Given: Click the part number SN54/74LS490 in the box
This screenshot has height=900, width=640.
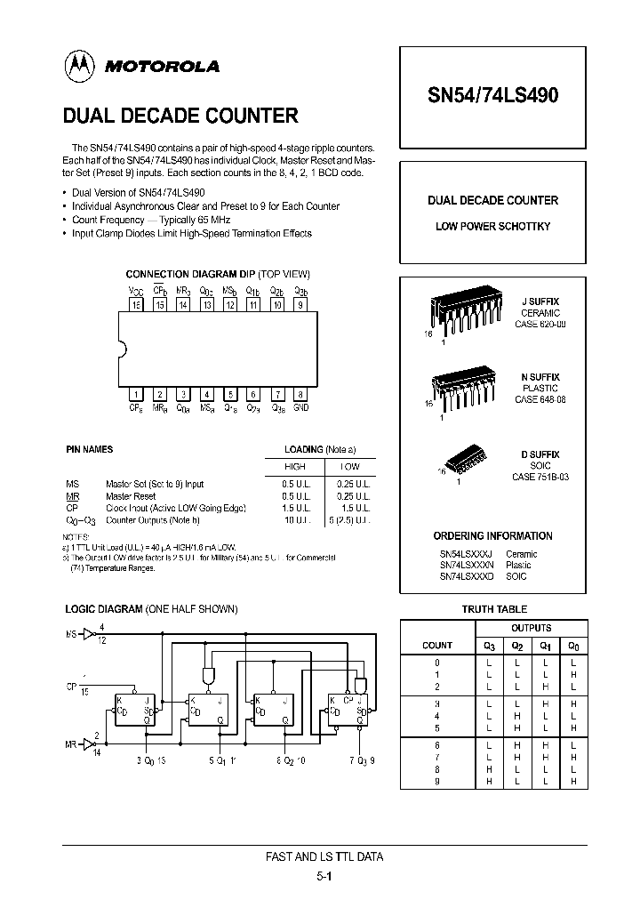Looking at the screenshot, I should (x=492, y=96).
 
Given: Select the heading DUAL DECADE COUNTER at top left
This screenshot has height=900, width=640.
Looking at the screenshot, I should (x=180, y=116).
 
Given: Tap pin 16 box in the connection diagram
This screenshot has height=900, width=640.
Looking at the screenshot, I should (x=137, y=305).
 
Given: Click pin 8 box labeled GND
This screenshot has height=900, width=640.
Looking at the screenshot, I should (x=300, y=394).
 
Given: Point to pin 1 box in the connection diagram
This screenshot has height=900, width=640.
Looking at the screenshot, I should (x=137, y=394).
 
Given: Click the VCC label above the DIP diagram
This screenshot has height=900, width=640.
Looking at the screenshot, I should (x=136, y=291).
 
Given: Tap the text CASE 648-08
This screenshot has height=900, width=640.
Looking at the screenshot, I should (x=540, y=400).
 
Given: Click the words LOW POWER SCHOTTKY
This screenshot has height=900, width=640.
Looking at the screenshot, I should (x=492, y=227).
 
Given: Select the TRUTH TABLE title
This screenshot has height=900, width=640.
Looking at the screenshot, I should (x=494, y=609).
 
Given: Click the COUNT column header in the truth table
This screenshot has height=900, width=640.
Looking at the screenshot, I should (x=436, y=645).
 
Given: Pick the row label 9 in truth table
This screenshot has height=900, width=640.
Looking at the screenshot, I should (x=436, y=781).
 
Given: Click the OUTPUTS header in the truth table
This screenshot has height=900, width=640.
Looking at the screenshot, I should (x=531, y=628).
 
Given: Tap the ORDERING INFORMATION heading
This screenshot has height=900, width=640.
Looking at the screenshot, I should (x=492, y=536).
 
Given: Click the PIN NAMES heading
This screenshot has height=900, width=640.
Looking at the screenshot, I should (x=89, y=450).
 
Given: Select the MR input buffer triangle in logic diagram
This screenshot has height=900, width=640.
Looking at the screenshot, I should (x=88, y=740).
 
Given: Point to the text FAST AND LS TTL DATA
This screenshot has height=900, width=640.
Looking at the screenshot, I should (x=324, y=856).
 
